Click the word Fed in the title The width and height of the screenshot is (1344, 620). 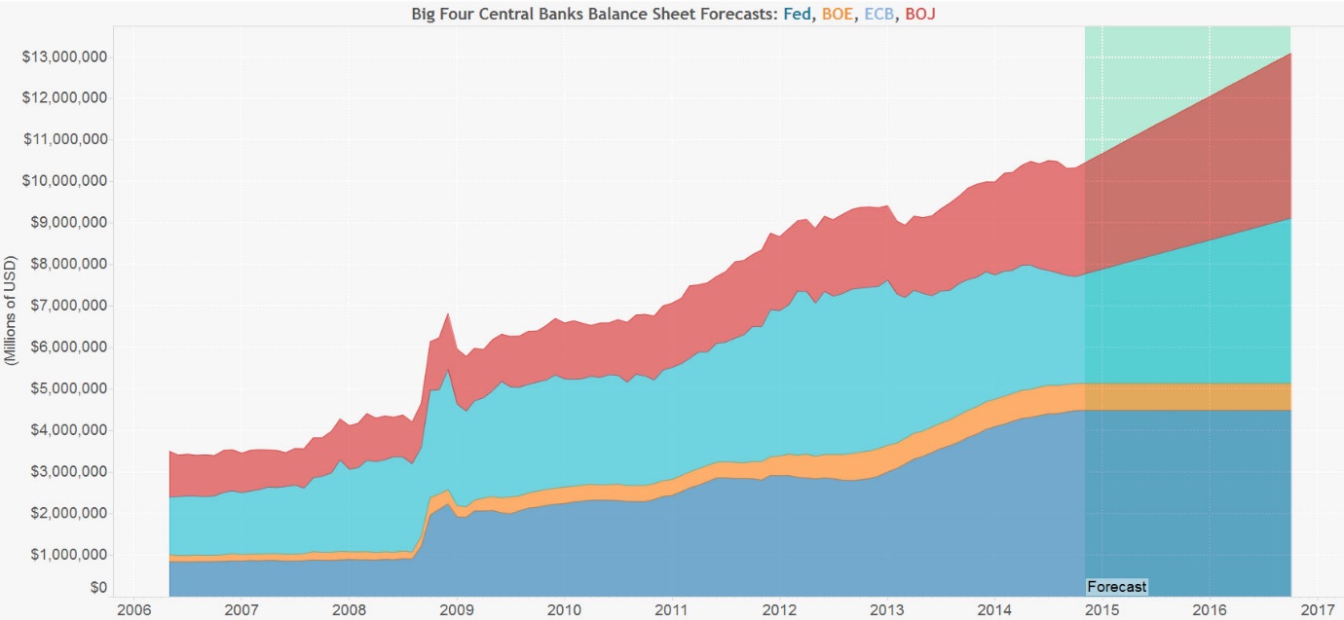point(799,15)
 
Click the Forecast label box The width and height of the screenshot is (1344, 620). point(1117,587)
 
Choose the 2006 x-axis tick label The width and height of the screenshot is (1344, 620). point(132,609)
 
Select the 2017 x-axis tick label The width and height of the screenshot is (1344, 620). point(1317,609)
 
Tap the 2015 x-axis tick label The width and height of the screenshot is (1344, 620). point(1101,609)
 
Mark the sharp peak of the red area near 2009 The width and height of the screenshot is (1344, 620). point(447,313)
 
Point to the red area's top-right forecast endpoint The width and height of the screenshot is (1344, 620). point(1290,54)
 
